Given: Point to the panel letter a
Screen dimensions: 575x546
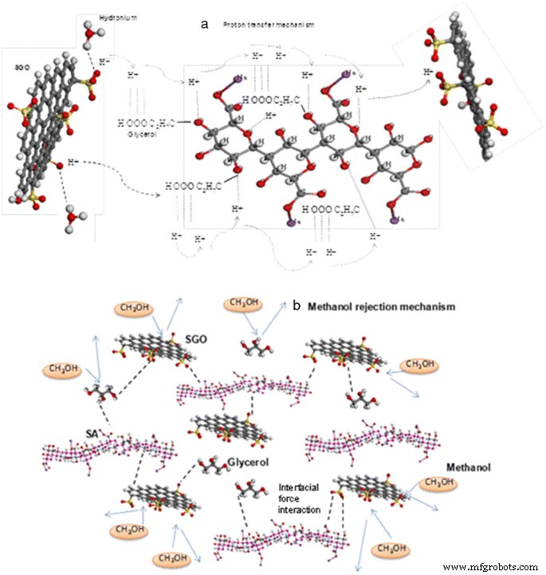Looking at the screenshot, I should pyautogui.click(x=206, y=25).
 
